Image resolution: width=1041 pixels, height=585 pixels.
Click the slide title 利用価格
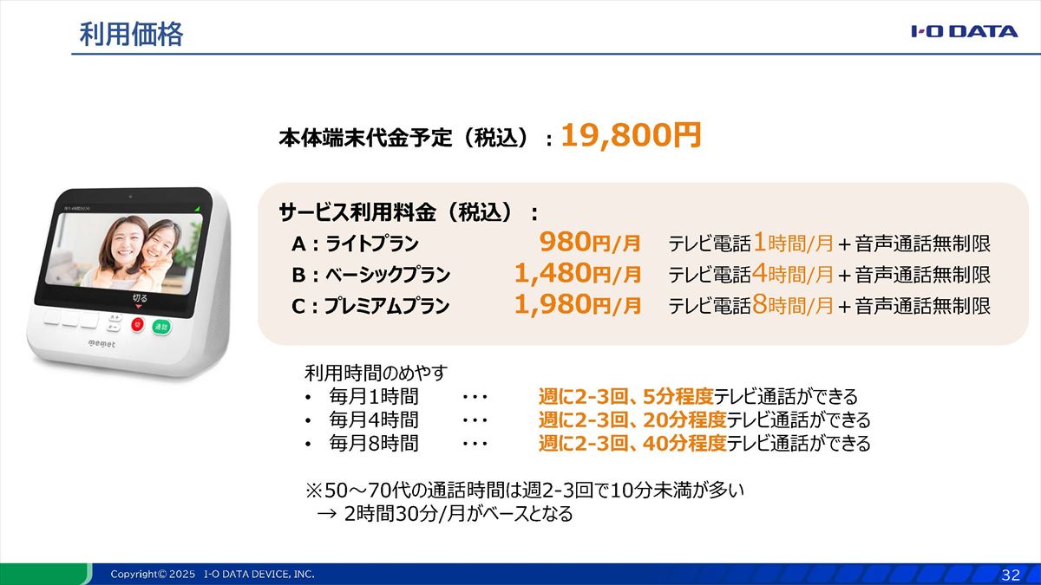point(132,35)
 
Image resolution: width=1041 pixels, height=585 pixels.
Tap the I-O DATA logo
point(965,31)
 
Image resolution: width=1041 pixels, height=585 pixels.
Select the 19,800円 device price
point(632,135)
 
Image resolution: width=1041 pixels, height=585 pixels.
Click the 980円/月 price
point(590,243)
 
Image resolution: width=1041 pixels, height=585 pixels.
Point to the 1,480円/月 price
point(578,274)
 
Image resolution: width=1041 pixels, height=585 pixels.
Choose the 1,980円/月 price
point(578,305)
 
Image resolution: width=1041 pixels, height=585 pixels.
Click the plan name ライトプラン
point(372,244)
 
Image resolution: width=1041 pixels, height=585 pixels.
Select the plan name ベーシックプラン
point(388,275)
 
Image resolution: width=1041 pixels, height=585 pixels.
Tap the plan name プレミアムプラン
point(387,306)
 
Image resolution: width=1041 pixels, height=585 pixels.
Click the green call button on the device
point(161,327)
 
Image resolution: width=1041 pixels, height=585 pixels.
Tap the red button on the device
point(138,324)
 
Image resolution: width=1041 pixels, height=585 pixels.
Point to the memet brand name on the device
point(101,344)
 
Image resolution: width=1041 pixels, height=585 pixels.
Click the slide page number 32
point(1011,575)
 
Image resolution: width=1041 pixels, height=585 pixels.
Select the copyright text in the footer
point(213,575)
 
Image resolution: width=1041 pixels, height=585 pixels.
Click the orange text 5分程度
point(678,397)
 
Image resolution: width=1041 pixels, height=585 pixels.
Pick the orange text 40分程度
point(684,444)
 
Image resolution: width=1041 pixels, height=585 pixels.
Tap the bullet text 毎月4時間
point(374,419)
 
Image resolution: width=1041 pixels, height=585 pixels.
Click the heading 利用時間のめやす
point(376,373)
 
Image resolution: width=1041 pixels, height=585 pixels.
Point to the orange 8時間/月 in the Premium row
point(793,305)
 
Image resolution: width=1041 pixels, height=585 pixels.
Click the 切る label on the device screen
point(140,297)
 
